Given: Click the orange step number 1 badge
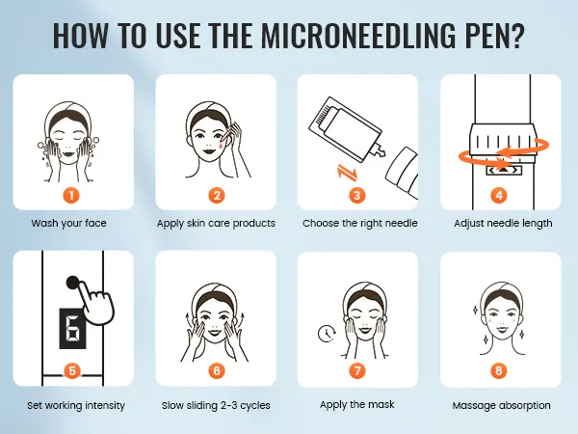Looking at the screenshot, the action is pos(71,195).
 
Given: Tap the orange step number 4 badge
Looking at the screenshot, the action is pos(498,195).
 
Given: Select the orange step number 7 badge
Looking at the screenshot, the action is pos(357,370).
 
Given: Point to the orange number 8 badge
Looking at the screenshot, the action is pos(498,370).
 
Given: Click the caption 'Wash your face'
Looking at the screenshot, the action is pos(69,224).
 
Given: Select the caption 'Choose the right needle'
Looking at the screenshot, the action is pos(359,224).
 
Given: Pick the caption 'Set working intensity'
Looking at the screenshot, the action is pos(76,406).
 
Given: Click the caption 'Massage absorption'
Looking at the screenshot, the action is pos(501,406).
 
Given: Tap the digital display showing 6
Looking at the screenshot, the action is pos(72,328).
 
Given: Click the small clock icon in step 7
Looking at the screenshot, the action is pos(327,334).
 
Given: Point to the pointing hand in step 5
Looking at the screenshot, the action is pos(96,304).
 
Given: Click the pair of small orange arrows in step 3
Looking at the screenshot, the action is pos(348,174).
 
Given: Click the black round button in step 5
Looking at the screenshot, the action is pos(73,283).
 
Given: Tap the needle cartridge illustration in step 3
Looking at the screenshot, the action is pos(347,130).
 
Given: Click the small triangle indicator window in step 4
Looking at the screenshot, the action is pos(504,170).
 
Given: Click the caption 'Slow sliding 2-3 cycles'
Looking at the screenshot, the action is pos(216,406).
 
